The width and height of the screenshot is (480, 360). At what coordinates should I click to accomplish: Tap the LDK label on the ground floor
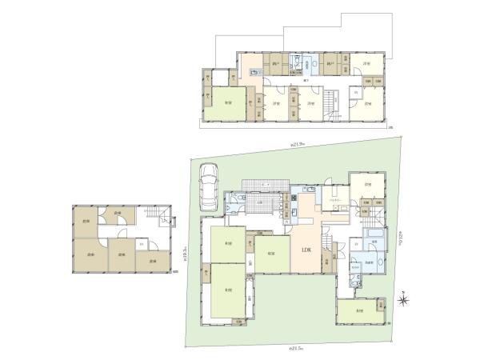point(306,250)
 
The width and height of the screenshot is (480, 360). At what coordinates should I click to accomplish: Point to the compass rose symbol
point(406,300)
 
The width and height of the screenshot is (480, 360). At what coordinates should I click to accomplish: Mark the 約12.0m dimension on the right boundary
point(397,238)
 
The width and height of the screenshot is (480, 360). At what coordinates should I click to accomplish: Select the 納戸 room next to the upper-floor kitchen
point(276,65)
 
